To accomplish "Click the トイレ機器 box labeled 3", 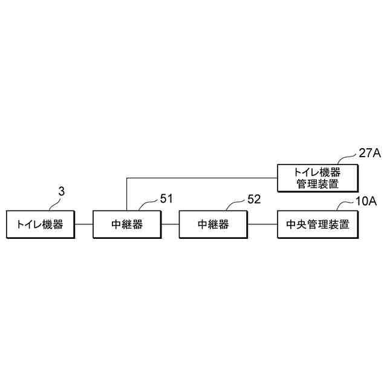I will click(39, 225).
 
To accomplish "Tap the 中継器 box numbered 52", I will click(213, 225).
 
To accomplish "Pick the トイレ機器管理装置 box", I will click(317, 177).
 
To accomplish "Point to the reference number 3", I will click(61, 192).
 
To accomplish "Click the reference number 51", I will click(166, 198).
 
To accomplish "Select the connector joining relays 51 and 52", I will click(171, 225).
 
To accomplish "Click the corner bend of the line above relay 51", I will click(126, 178).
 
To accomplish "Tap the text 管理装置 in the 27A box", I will click(317, 184).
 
